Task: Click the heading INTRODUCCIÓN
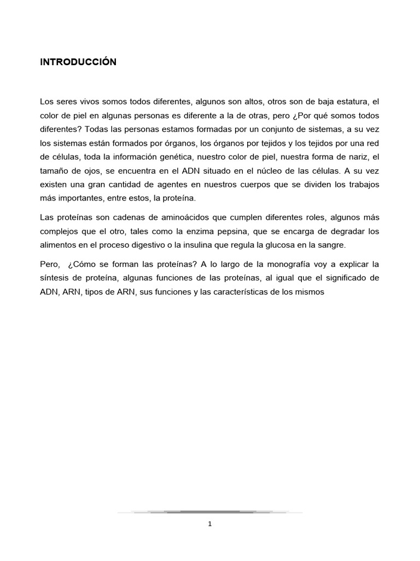tap(78, 62)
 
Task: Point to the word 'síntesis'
tap(55, 278)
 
